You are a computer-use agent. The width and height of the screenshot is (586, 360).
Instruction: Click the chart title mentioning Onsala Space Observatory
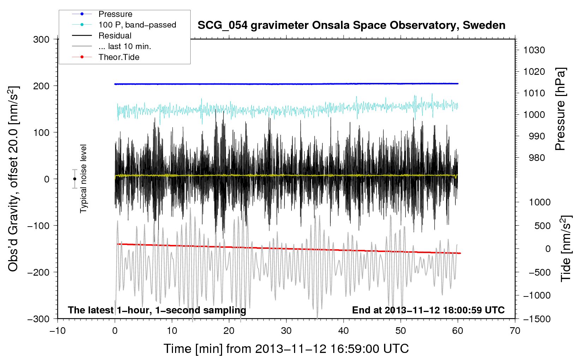pos(351,25)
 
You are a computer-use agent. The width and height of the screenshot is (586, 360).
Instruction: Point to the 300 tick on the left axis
pos(41,40)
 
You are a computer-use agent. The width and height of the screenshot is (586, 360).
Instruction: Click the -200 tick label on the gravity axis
pos(38,272)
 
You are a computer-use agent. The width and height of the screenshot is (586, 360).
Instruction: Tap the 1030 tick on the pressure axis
pos(534,50)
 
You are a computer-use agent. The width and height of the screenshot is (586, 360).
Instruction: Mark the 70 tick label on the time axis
pos(515,331)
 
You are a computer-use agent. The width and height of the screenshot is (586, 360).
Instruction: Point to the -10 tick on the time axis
pos(58,331)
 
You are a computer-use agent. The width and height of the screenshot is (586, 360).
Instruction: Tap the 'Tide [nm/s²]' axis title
pos(566,248)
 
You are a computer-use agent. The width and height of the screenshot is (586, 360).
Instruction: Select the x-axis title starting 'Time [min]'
pos(286,349)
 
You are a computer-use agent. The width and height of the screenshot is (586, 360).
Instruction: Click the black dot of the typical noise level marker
pos(74,179)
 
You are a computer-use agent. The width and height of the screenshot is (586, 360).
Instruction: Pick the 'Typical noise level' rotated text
pos(83,179)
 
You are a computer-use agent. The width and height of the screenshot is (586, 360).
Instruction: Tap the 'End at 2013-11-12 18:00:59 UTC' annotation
pos(428,310)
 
